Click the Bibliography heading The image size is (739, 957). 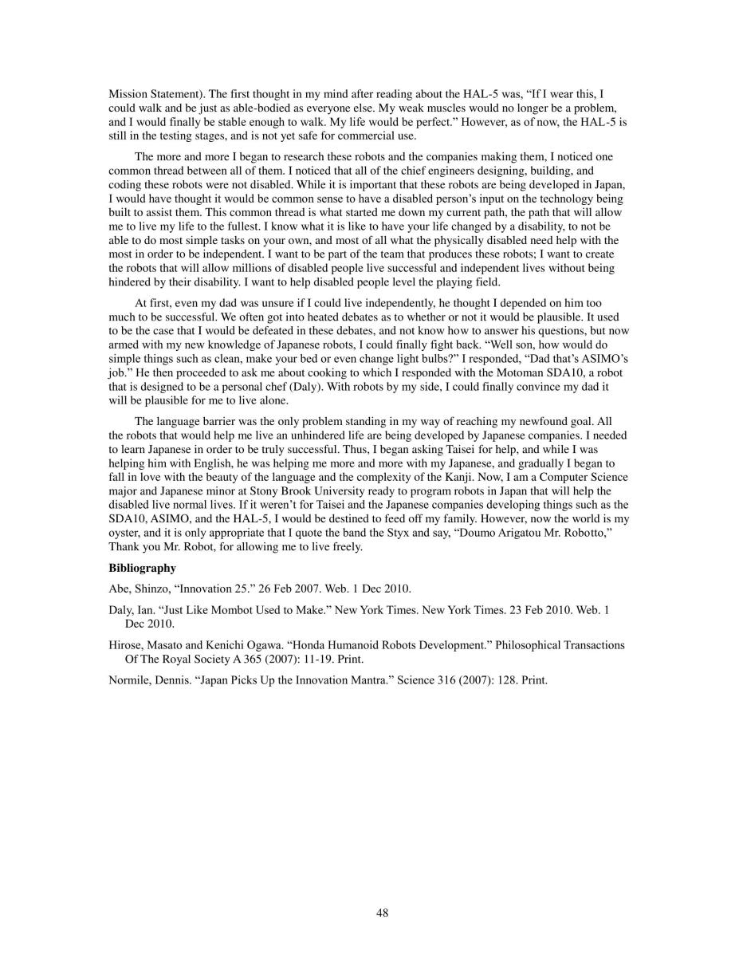pos(142,569)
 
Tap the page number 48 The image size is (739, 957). pos(383,913)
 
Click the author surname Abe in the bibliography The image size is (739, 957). pos(119,589)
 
